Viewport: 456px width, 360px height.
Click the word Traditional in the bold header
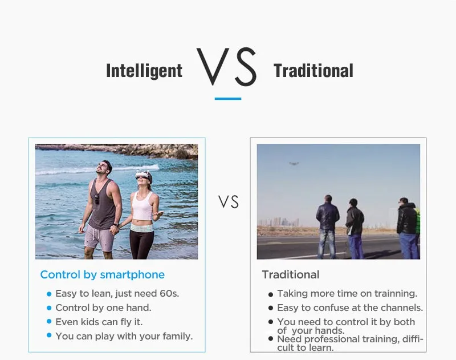313,71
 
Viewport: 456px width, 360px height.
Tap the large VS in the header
226,66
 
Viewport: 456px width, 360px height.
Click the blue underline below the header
228,99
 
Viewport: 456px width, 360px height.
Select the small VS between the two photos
229,202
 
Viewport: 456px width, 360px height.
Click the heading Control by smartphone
103,275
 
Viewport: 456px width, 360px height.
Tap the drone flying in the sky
294,164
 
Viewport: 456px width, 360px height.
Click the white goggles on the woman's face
143,175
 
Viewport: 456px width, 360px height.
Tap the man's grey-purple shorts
99,238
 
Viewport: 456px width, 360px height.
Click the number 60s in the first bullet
169,293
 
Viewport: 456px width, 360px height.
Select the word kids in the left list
89,322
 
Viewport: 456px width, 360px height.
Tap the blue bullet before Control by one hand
49,308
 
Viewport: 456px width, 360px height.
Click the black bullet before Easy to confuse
271,308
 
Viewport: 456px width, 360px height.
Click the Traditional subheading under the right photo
291,275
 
